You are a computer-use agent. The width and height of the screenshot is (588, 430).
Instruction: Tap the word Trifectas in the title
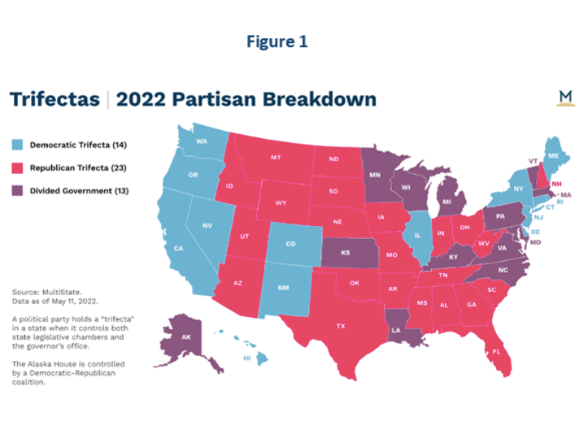point(54,99)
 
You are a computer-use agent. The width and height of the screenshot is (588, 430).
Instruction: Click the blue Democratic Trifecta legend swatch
point(17,145)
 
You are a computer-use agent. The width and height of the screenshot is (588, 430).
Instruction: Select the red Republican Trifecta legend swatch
point(17,167)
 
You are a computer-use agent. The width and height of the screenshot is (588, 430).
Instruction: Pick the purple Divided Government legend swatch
point(17,191)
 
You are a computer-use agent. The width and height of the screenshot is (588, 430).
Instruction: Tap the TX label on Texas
point(341,326)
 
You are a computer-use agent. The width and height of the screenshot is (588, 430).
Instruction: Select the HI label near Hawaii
point(246,358)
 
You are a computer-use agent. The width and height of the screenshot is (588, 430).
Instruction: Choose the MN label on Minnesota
point(376,174)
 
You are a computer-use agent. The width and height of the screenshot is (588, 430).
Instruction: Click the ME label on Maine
point(554,155)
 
